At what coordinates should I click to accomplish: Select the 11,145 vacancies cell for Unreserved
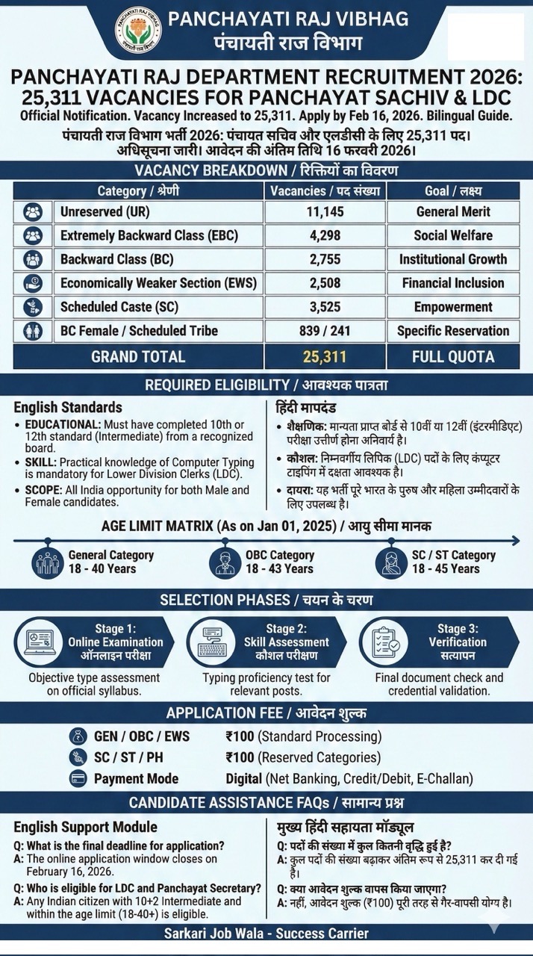(325, 211)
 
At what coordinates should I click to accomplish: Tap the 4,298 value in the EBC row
(325, 235)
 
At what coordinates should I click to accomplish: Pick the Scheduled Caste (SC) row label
(119, 307)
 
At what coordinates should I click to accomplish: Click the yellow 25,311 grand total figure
(325, 356)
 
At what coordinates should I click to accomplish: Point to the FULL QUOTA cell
(452, 356)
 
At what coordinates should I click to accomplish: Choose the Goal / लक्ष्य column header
(452, 190)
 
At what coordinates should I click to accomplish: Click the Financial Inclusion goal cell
(452, 283)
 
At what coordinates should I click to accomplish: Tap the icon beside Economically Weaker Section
(33, 283)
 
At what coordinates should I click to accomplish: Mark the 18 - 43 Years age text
(279, 568)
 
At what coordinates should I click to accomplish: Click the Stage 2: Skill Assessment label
(286, 636)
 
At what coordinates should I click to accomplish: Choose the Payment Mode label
(136, 778)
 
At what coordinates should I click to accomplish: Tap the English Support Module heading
(86, 827)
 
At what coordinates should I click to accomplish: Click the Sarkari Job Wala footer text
(266, 934)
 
